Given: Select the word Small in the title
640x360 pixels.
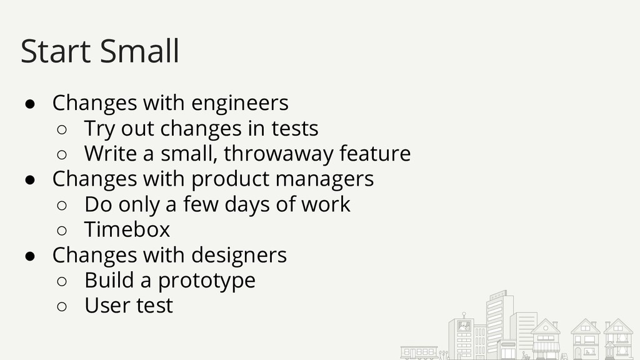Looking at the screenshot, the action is tap(139, 51).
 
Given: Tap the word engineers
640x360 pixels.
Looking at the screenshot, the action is tap(240, 103).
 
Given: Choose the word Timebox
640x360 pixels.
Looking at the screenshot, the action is tap(127, 229).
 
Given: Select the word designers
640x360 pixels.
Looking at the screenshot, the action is tap(239, 255).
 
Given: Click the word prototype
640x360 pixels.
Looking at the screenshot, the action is tap(206, 281).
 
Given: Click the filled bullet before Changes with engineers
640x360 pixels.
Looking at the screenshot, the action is tap(30, 104).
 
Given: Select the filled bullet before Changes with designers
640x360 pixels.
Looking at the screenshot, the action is tap(30, 256).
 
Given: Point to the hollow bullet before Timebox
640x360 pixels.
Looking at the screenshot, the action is tap(62, 231).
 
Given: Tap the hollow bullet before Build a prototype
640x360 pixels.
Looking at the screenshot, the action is tap(62, 281).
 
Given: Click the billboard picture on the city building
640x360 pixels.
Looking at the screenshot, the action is tap(464, 326).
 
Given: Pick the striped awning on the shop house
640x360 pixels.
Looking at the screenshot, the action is tap(546, 347).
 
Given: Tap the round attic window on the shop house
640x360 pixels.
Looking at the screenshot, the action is tap(546, 328).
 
